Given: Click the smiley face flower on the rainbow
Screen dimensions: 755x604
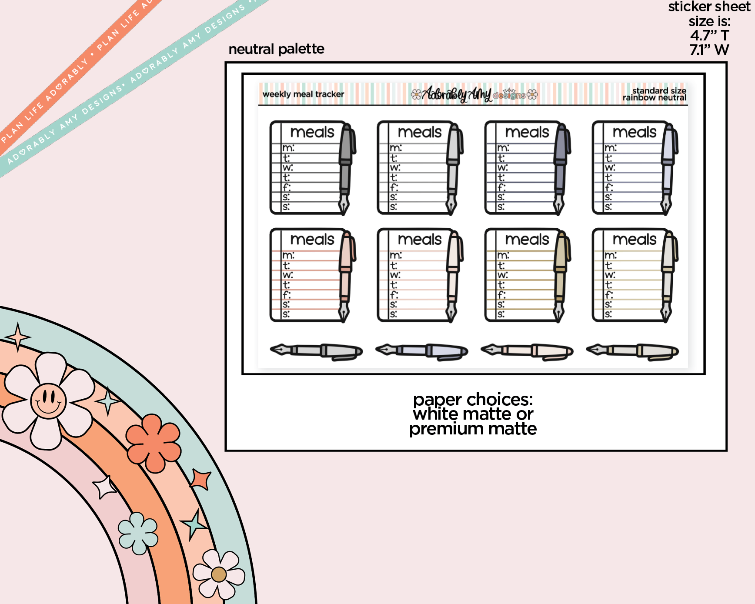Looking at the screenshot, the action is (48, 400).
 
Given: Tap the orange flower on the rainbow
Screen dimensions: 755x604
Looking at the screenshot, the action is (153, 443).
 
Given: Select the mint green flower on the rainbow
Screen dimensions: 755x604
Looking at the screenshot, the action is (138, 533).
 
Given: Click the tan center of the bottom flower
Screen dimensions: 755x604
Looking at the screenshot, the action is (219, 574).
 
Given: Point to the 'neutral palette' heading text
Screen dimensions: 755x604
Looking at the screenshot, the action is (276, 49).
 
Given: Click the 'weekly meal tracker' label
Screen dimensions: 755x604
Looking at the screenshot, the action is (303, 94).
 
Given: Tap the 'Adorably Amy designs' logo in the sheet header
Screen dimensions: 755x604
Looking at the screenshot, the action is (474, 94).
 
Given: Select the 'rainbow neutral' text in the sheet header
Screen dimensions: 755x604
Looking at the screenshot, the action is (654, 98).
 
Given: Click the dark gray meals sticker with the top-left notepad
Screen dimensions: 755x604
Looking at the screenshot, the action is (313, 168).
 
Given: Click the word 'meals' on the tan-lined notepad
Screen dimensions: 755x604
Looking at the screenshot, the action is (527, 239).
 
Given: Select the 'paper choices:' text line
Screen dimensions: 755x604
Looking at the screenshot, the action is (473, 400).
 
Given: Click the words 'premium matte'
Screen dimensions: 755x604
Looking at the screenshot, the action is (473, 429).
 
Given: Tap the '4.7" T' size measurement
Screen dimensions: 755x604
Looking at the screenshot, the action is (709, 35).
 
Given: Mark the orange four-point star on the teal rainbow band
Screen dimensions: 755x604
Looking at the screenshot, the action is (201, 479).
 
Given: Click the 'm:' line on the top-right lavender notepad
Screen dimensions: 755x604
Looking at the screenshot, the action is (611, 148).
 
